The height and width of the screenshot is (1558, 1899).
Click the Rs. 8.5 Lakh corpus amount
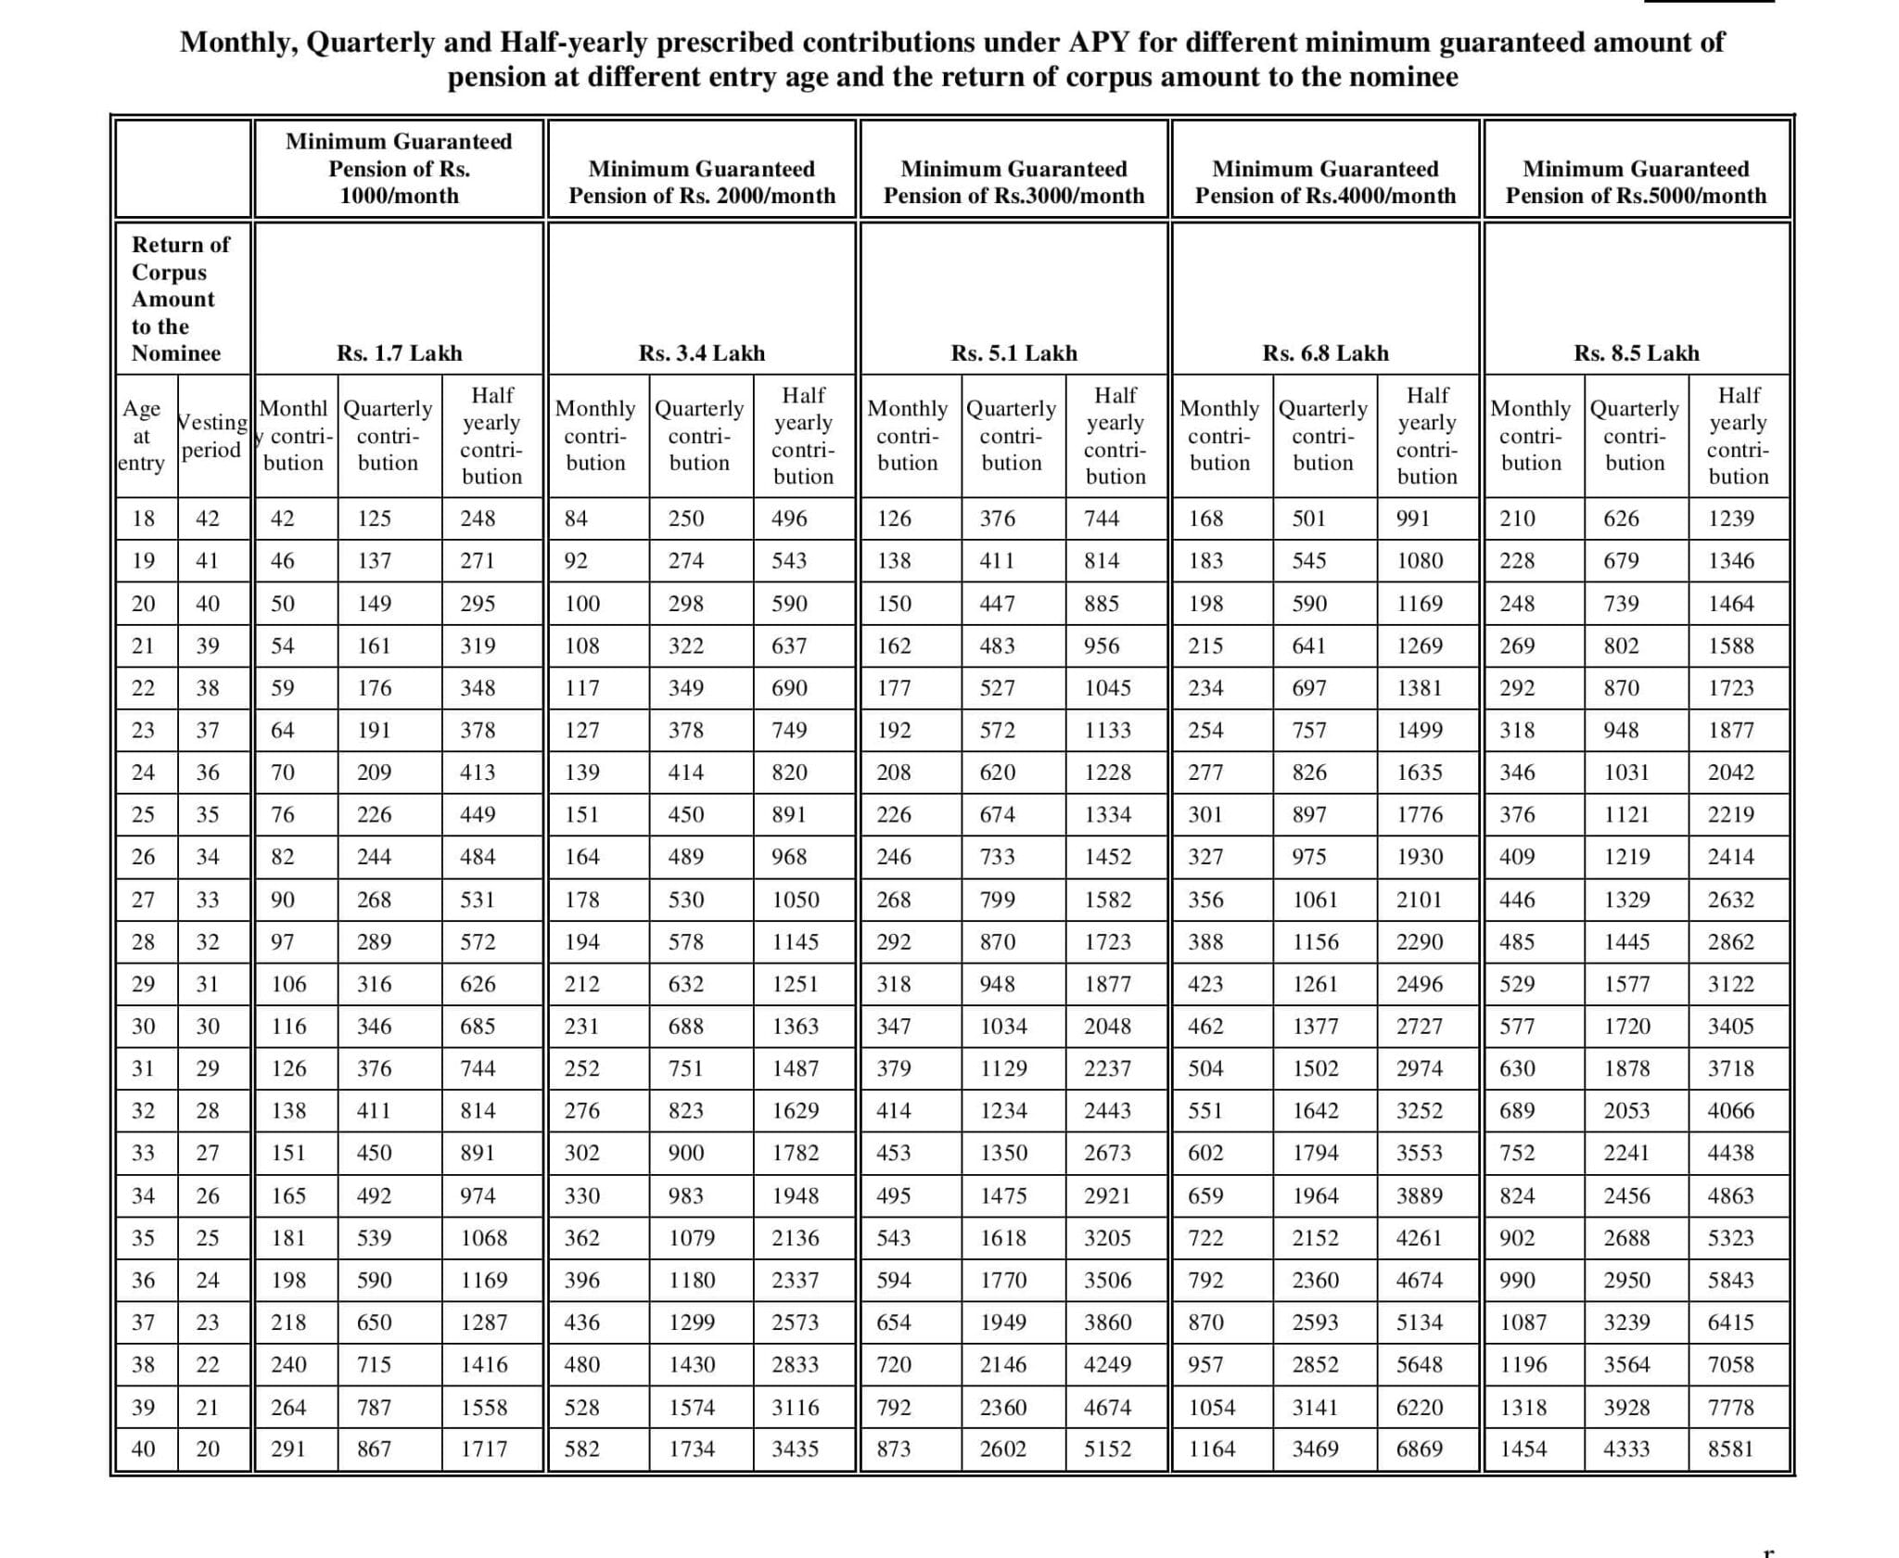(x=1636, y=353)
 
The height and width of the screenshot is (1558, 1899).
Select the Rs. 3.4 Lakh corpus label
(x=702, y=353)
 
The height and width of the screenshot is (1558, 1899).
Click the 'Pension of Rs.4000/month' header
(x=1325, y=196)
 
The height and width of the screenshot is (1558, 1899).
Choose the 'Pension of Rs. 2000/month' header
(x=702, y=196)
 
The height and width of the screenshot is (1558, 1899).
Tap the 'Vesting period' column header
(x=212, y=436)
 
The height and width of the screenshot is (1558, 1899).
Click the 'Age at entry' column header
(x=142, y=436)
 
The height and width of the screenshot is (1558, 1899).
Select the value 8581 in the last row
(x=1730, y=1449)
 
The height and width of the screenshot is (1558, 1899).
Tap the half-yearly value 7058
(x=1730, y=1364)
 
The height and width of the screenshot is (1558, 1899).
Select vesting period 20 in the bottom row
(x=208, y=1449)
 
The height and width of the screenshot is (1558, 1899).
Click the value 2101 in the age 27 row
(x=1419, y=900)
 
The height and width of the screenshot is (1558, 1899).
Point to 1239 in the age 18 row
(x=1730, y=518)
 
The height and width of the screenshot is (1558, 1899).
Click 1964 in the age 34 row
(x=1315, y=1195)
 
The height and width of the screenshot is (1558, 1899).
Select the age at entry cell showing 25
(x=143, y=814)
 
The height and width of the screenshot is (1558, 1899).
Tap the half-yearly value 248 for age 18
(x=478, y=518)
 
